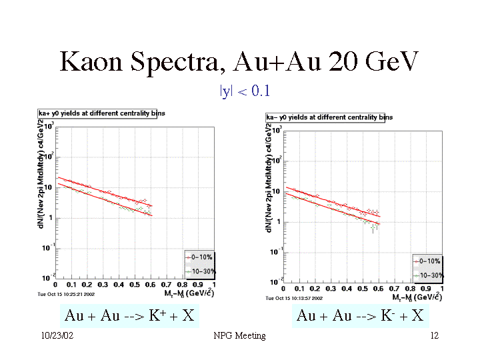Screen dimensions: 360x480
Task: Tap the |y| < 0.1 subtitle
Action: (245, 91)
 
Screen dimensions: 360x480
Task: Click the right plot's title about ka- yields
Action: (329, 117)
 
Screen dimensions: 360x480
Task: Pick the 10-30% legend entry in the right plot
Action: (428, 274)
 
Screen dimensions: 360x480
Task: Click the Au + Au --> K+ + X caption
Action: (129, 315)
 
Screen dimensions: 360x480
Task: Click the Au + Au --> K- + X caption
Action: (360, 315)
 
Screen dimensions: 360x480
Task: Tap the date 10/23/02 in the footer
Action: (57, 336)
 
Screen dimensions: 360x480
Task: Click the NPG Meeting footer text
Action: (240, 336)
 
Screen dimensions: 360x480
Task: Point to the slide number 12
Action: (434, 336)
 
